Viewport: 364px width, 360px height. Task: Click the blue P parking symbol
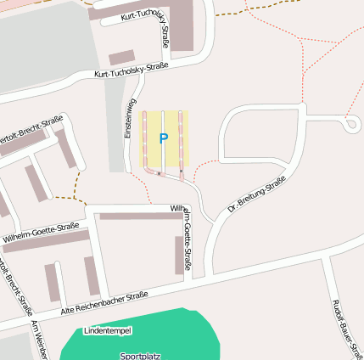(164, 138)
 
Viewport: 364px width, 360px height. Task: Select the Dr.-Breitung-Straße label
(256, 194)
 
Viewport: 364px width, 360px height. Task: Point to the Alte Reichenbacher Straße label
(104, 305)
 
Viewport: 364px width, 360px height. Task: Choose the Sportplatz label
(140, 356)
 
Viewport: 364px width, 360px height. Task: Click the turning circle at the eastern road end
(351, 125)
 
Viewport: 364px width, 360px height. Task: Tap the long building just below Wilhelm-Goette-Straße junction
(140, 217)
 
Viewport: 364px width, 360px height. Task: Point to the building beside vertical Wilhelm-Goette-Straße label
(178, 255)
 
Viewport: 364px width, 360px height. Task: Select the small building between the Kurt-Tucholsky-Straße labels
(121, 58)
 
